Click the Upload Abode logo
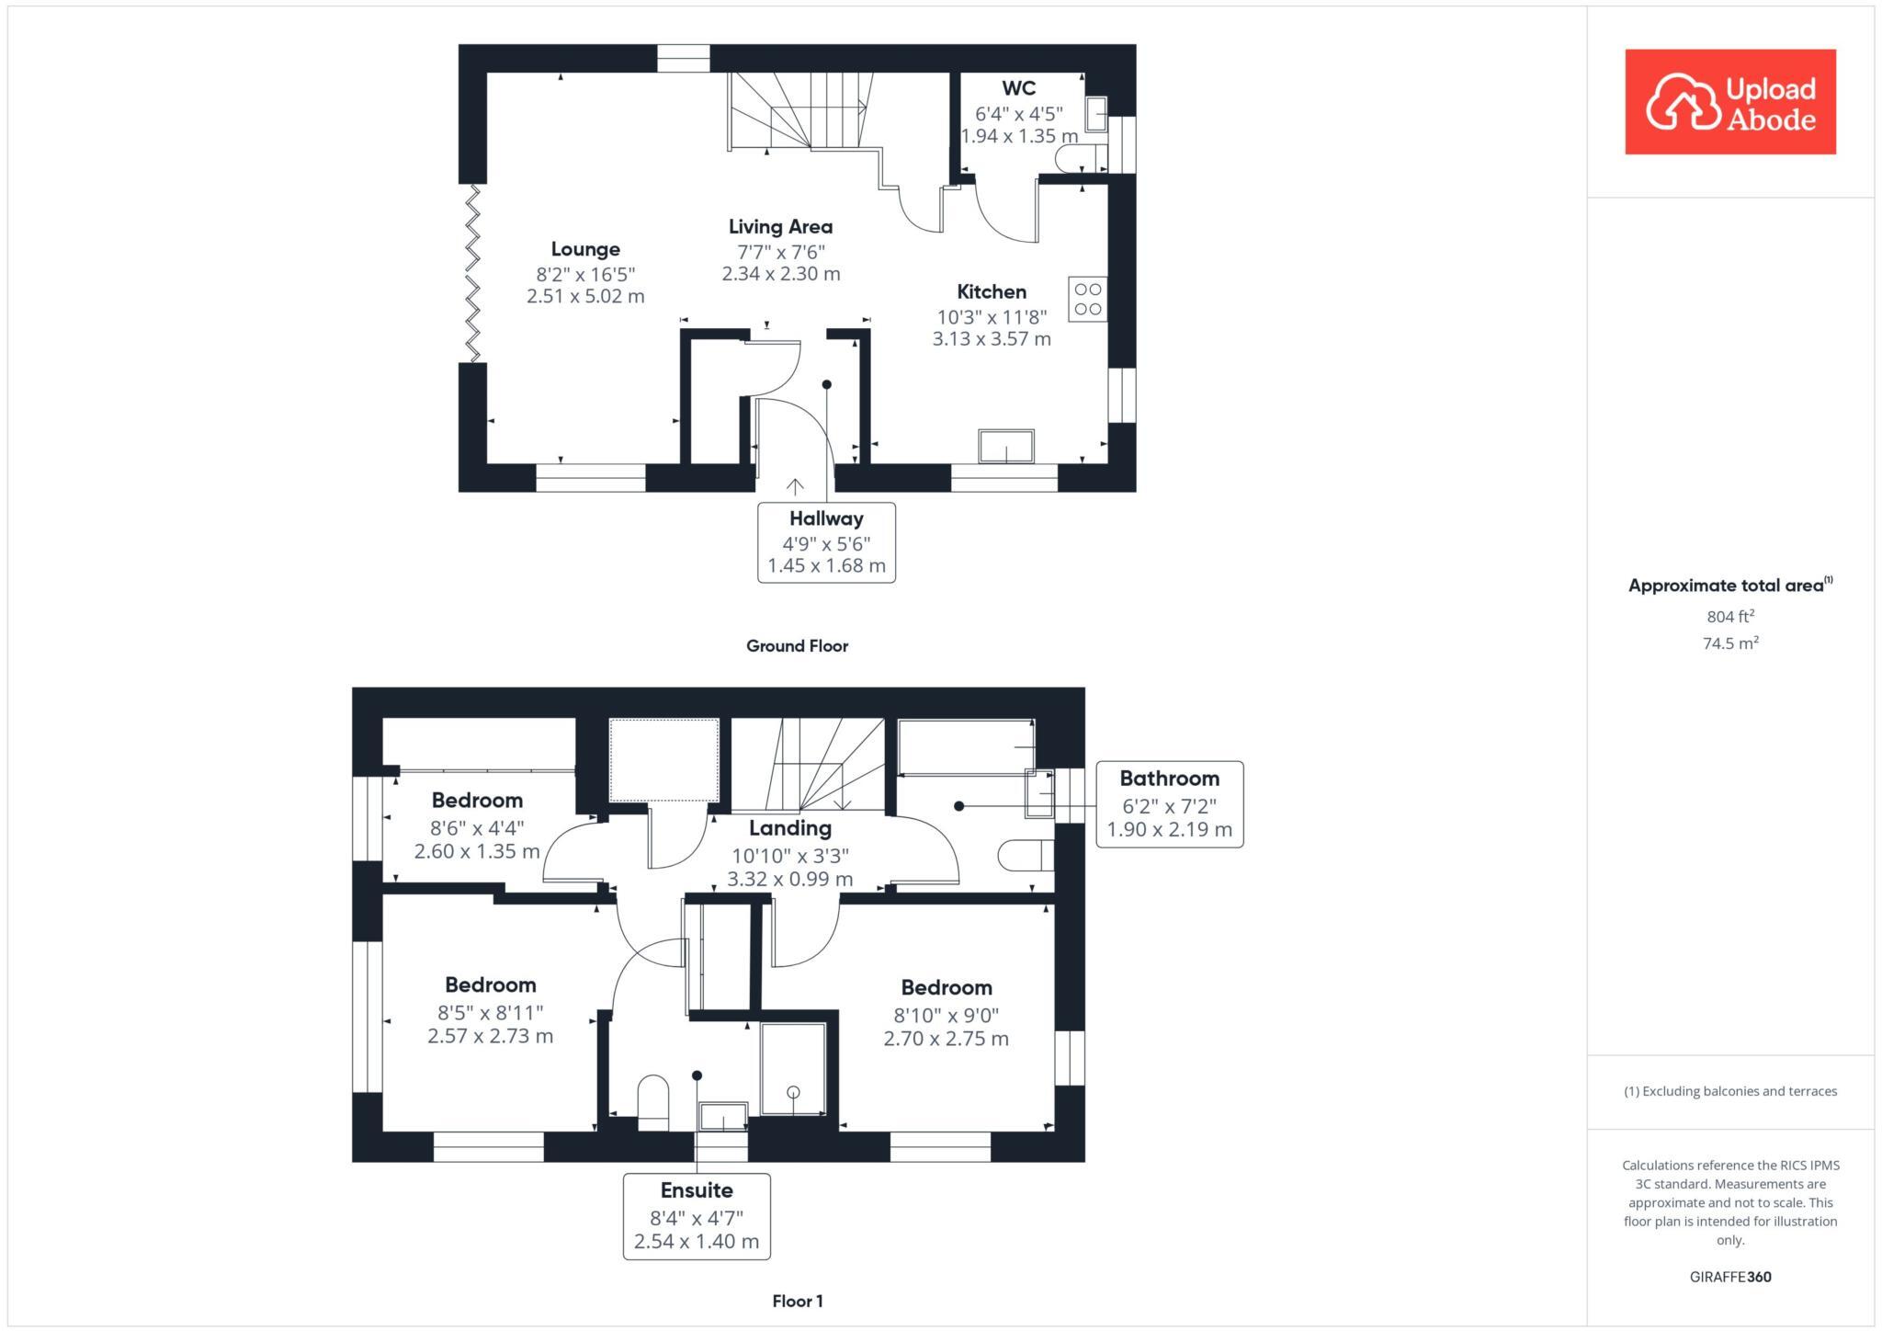[1729, 102]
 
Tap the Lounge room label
[585, 249]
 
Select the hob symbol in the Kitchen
[1087, 300]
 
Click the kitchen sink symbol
[1006, 447]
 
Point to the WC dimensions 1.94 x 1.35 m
[1018, 136]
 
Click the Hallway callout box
[826, 541]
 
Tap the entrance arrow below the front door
[795, 486]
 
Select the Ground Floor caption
[797, 646]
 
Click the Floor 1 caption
[797, 1301]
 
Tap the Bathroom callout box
[1169, 804]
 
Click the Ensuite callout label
[697, 1190]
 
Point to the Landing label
[789, 828]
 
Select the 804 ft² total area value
[1730, 617]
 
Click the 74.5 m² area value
[1730, 643]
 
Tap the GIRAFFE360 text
[1729, 1277]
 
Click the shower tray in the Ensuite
[792, 1069]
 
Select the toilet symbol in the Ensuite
[653, 1101]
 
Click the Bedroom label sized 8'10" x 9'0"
[946, 988]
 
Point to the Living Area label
[780, 227]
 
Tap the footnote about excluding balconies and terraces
[1729, 1091]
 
